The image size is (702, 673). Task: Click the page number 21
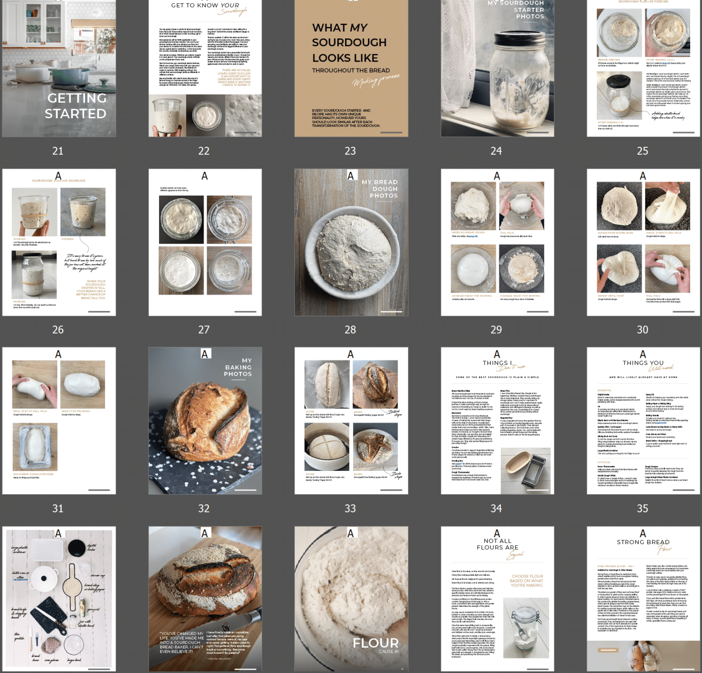click(x=58, y=151)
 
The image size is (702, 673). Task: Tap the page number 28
click(x=350, y=330)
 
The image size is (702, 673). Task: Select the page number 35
click(x=642, y=508)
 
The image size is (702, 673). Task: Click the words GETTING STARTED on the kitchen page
click(x=76, y=106)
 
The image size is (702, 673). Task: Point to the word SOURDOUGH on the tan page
click(x=349, y=43)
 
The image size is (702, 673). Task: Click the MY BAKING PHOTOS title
click(x=238, y=367)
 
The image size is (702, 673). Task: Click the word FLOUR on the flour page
click(x=376, y=643)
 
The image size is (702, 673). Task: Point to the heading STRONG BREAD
click(x=643, y=542)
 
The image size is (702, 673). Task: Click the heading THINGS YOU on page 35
click(x=643, y=363)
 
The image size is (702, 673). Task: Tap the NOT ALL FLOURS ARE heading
click(x=498, y=544)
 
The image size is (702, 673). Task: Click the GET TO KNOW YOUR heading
click(x=205, y=5)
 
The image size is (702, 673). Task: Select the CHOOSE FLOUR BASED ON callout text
click(x=527, y=581)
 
